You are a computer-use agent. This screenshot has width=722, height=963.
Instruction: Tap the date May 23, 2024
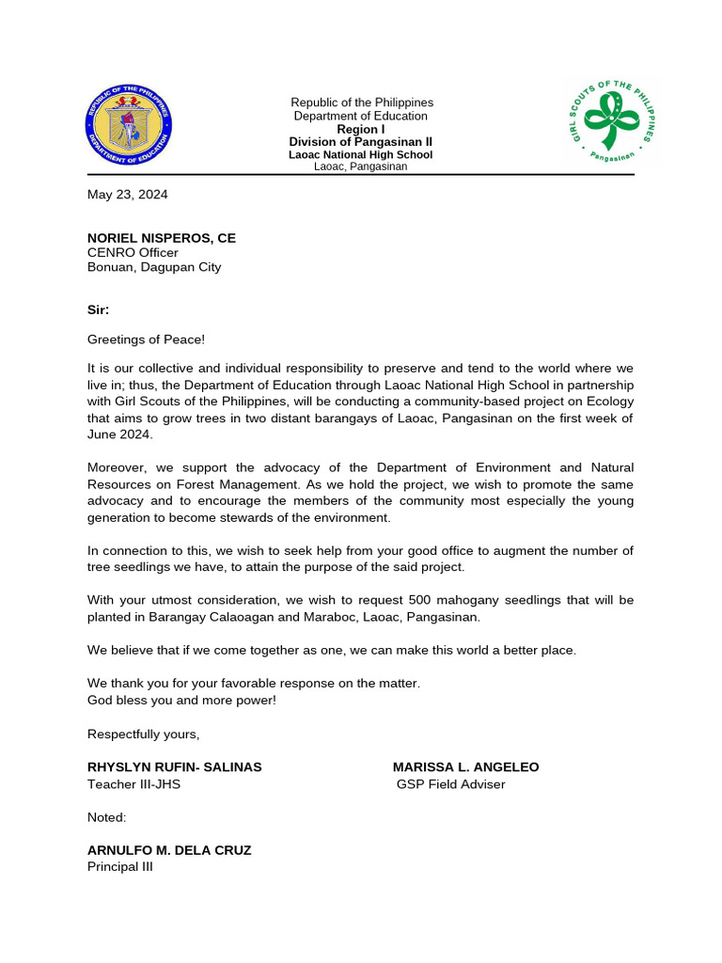point(128,196)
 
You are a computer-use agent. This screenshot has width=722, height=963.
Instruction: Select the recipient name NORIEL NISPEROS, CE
point(162,238)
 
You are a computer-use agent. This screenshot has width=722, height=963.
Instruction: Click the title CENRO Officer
point(133,252)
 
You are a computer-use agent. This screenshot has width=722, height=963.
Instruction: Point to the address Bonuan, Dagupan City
point(154,267)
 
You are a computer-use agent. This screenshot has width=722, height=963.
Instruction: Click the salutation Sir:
point(99,309)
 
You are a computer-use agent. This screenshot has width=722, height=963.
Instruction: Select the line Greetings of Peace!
point(146,339)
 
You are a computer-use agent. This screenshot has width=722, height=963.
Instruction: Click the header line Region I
point(361,130)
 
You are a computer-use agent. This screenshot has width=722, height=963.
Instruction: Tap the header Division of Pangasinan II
point(361,142)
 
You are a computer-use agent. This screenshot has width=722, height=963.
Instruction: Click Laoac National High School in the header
point(361,154)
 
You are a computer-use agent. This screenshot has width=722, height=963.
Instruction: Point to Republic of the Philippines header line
point(362,103)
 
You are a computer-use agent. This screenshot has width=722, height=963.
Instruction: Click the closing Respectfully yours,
point(144,734)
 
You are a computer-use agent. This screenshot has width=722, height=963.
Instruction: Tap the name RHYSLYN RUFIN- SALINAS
point(175,767)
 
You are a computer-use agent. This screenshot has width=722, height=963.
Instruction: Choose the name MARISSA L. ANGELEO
point(466,767)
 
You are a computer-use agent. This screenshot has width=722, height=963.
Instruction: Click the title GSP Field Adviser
point(450,783)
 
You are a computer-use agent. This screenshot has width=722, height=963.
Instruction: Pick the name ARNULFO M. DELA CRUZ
point(169,850)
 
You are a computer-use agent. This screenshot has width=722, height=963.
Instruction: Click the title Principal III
point(119,866)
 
